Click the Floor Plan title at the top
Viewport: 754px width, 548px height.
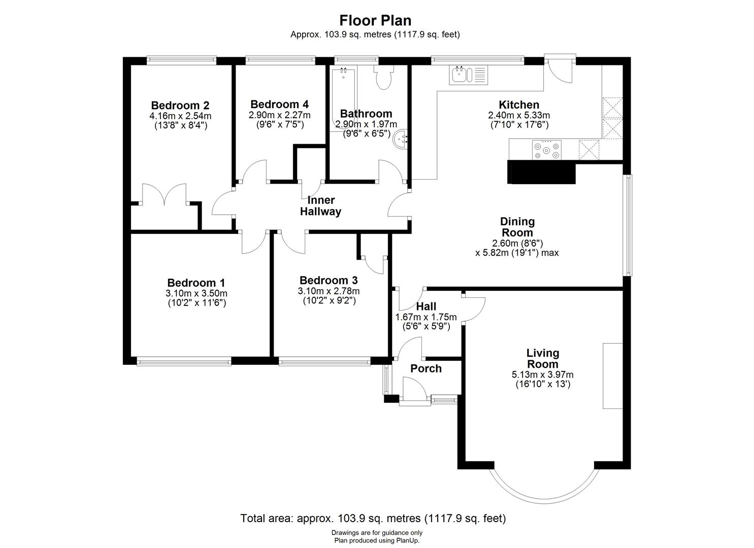coord(375,20)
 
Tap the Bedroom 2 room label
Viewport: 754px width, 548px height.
coord(180,106)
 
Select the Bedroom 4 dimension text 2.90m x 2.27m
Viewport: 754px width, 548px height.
coord(279,115)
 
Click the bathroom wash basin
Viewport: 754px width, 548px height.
coord(402,138)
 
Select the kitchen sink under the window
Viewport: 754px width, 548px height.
coord(468,75)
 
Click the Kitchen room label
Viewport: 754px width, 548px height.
coord(518,105)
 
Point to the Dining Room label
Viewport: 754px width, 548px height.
coord(517,227)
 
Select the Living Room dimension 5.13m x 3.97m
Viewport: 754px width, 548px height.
coord(542,375)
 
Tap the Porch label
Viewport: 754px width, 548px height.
coord(426,369)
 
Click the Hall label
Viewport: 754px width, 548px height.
coord(426,306)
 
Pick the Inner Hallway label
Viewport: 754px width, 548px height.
coord(320,206)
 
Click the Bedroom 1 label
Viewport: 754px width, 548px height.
coord(196,283)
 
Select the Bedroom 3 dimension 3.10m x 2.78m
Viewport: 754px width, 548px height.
coord(329,291)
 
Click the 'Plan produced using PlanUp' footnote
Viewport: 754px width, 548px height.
coord(377,540)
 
